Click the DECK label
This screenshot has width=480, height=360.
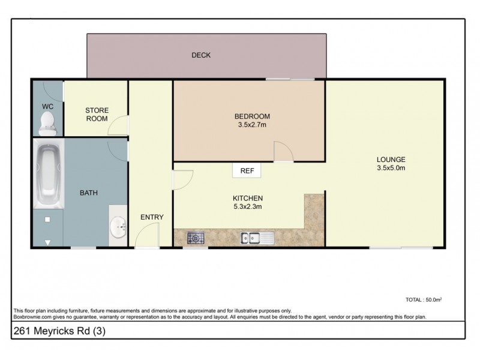pyautogui.click(x=201, y=56)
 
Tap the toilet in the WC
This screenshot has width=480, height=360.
pyautogui.click(x=46, y=124)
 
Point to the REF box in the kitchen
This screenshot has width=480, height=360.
pyautogui.click(x=247, y=171)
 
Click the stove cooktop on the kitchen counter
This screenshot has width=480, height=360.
pyautogui.click(x=196, y=238)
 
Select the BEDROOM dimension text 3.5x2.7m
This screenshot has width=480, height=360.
pyautogui.click(x=252, y=125)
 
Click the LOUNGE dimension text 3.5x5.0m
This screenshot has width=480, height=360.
pyautogui.click(x=391, y=168)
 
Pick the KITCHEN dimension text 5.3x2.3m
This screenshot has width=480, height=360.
pyautogui.click(x=248, y=207)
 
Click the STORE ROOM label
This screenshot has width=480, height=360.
pyautogui.click(x=96, y=115)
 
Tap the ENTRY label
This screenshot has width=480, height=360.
pyautogui.click(x=152, y=217)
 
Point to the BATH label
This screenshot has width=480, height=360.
pyautogui.click(x=89, y=193)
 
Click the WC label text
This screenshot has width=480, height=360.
pyautogui.click(x=47, y=106)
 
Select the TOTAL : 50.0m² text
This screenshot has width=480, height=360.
pyautogui.click(x=424, y=299)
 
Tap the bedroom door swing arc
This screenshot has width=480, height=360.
pyautogui.click(x=283, y=151)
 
